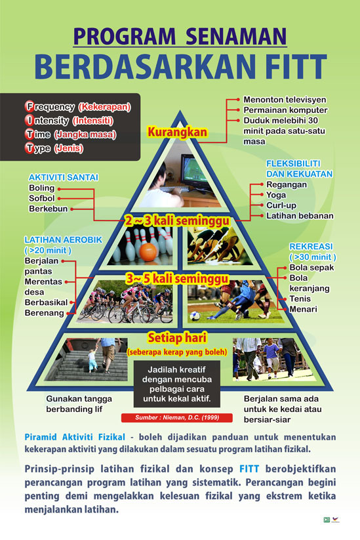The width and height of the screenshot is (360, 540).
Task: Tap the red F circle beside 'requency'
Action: click(x=30, y=106)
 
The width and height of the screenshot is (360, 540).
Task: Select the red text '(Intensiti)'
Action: click(x=93, y=121)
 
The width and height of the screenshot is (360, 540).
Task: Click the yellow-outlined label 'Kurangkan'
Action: click(x=178, y=132)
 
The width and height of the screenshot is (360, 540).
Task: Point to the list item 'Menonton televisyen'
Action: click(x=285, y=100)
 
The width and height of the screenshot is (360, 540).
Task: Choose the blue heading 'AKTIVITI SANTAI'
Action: click(x=64, y=177)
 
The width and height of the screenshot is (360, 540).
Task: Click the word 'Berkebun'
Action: click(x=48, y=209)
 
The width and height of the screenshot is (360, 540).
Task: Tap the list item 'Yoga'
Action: click(x=276, y=196)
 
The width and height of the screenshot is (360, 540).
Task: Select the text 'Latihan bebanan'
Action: click(x=300, y=216)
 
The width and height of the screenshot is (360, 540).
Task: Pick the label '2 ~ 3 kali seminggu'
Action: click(x=177, y=220)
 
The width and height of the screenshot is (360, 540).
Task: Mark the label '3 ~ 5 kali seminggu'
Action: click(x=177, y=279)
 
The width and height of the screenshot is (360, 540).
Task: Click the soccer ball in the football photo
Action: click(x=195, y=316)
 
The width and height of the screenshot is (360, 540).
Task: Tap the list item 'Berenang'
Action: click(x=44, y=313)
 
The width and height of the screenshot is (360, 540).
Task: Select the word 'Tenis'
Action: click(x=300, y=299)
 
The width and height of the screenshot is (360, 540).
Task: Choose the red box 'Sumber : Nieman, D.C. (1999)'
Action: click(x=177, y=418)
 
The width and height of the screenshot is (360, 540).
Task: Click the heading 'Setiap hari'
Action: click(x=177, y=338)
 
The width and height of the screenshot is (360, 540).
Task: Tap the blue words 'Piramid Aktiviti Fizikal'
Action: click(x=75, y=438)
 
